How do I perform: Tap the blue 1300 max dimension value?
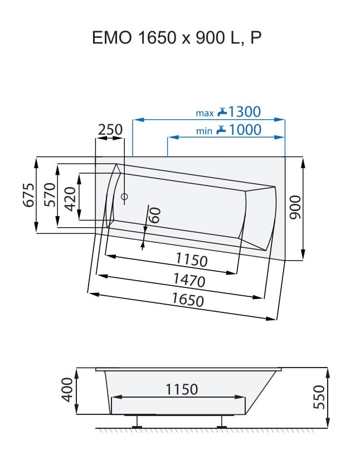(244, 111)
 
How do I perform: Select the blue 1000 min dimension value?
(245, 130)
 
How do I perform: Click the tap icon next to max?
(222, 111)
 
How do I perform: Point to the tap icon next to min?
(221, 129)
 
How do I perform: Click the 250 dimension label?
(110, 130)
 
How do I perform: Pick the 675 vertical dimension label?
(28, 195)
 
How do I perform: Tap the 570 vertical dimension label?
(50, 195)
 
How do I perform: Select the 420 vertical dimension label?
(70, 199)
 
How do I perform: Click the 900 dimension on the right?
(295, 207)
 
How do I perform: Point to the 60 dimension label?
(155, 215)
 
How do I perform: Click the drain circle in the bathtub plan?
(124, 197)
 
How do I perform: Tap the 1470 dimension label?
(189, 280)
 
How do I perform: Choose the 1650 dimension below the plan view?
(188, 300)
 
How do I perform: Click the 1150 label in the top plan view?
(192, 260)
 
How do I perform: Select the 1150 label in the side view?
(182, 389)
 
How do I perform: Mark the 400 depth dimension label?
(67, 390)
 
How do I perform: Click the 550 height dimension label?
(319, 397)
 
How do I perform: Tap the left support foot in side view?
(137, 422)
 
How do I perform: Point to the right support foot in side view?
(221, 422)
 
